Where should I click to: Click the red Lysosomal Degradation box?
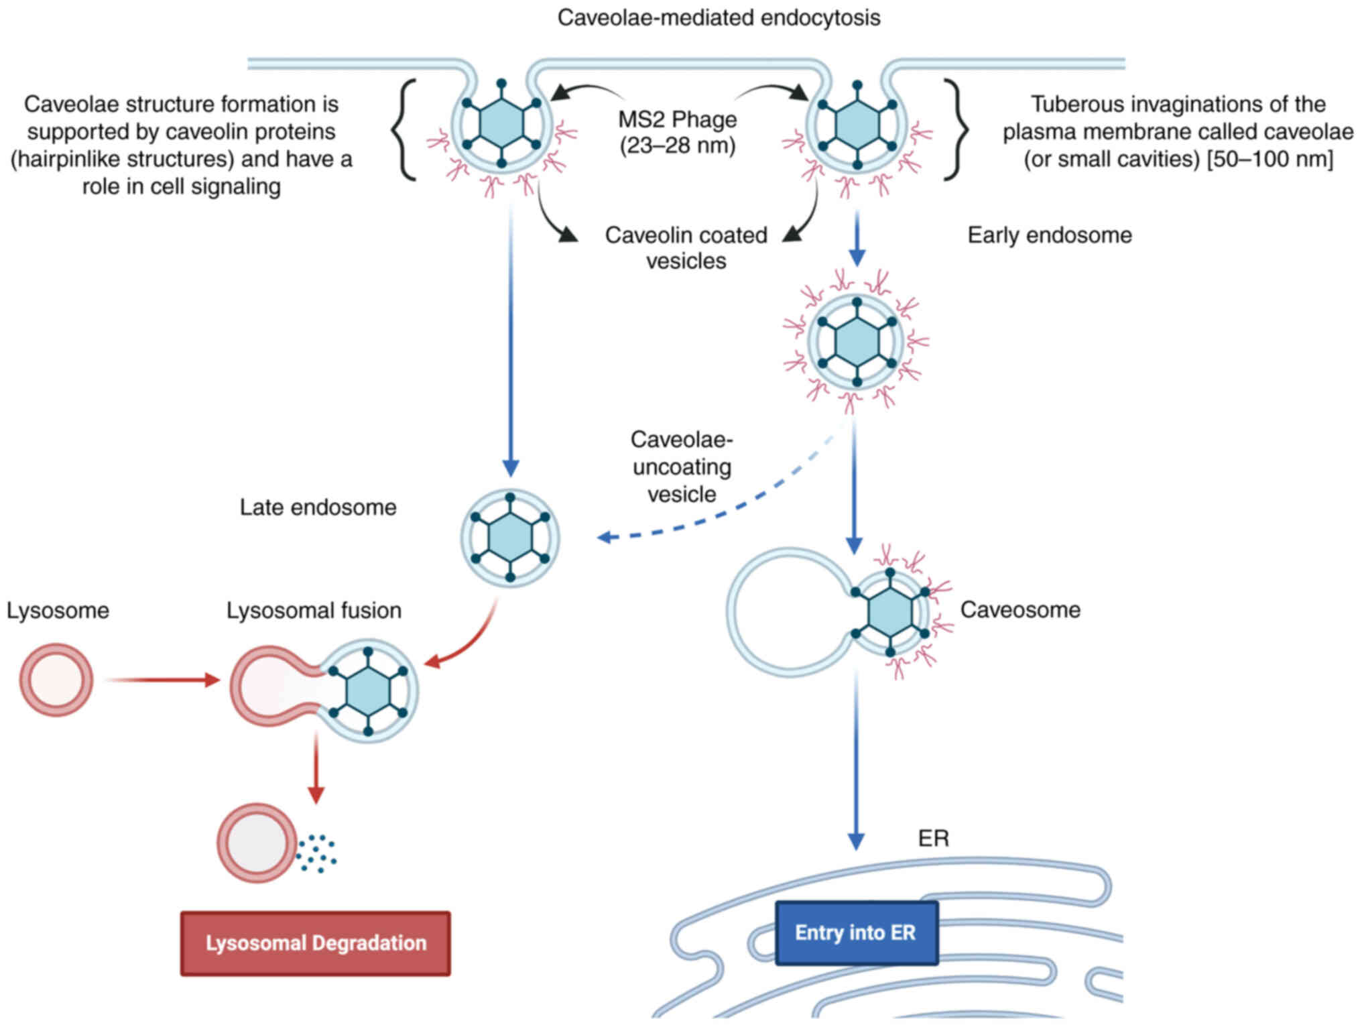(316, 943)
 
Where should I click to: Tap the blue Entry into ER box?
(857, 932)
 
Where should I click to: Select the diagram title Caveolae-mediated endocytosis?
(719, 17)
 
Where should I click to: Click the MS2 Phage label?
(678, 132)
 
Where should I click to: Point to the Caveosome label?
(1020, 609)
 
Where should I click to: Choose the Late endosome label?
(318, 507)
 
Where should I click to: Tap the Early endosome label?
(1050, 235)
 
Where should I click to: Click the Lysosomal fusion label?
(314, 610)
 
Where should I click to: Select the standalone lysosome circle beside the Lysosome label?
(56, 680)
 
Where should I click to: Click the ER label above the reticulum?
(934, 838)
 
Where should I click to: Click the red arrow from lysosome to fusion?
(163, 680)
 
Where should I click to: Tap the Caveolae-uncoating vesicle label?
(682, 467)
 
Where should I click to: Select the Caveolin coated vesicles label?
(686, 247)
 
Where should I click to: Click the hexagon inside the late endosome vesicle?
(510, 537)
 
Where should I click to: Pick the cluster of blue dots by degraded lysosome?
(316, 853)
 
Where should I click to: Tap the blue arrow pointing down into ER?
(856, 760)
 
